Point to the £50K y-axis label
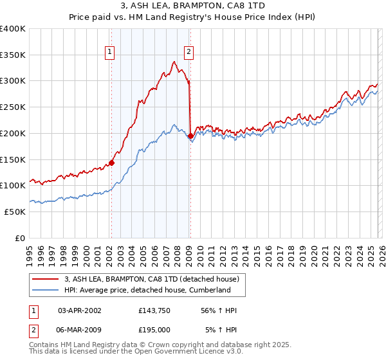pos(15,212)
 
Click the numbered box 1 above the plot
pos(110,53)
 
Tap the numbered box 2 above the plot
pos(189,53)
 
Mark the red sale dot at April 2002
pos(111,163)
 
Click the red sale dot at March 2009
pos(190,136)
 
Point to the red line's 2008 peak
pos(174,62)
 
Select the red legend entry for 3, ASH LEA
pos(152,279)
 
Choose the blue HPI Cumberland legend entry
pos(147,290)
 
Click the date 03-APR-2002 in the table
pos(79,310)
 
